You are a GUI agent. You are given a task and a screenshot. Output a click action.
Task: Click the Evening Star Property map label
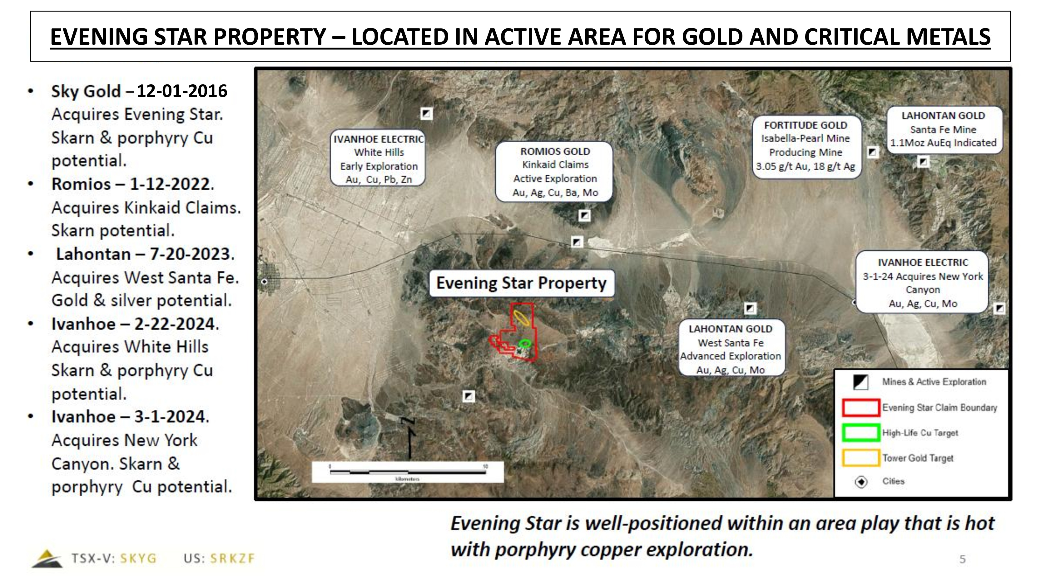coord(521,283)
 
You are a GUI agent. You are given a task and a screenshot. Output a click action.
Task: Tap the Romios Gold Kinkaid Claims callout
coord(554,172)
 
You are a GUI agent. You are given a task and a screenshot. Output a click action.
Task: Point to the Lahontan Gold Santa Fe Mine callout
coord(944,129)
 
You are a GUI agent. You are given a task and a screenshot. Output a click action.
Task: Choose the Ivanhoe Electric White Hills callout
coord(378,158)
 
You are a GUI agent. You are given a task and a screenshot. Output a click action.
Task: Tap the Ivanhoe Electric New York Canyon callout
coord(923,282)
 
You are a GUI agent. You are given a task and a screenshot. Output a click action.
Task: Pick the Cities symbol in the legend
coord(861,482)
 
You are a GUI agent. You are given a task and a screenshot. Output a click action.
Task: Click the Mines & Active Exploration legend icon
coord(861,382)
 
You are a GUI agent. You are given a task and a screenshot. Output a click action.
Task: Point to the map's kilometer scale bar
coord(408,472)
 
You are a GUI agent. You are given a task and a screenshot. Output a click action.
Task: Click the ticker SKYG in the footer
coord(138,558)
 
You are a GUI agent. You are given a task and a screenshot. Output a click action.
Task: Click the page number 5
coord(963,559)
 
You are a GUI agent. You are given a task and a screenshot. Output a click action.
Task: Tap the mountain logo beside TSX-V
coord(47,558)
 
